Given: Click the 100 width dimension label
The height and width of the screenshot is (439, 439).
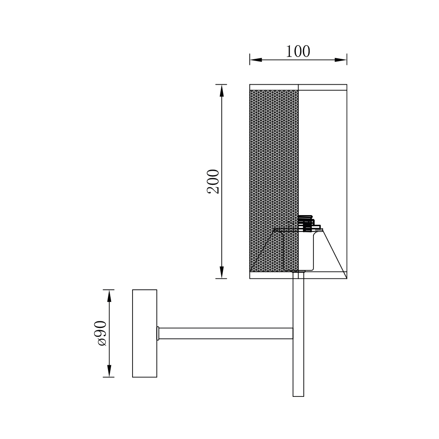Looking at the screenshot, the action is click(x=298, y=51).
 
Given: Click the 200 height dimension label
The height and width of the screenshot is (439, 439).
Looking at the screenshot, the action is click(x=213, y=181).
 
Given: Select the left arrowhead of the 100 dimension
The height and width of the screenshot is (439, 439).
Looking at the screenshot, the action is click(x=256, y=60).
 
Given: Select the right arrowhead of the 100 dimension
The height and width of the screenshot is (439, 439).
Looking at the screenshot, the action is click(x=341, y=60).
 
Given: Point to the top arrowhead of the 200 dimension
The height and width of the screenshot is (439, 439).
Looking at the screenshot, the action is click(x=222, y=91).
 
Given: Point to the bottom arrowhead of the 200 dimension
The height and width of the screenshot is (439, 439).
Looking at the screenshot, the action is click(x=222, y=272).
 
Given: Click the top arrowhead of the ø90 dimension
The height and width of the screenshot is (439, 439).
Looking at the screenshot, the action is click(x=109, y=296).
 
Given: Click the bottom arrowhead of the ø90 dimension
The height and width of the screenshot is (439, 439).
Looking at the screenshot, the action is click(x=109, y=371).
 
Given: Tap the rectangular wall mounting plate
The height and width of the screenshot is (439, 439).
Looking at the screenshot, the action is click(x=144, y=333).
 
